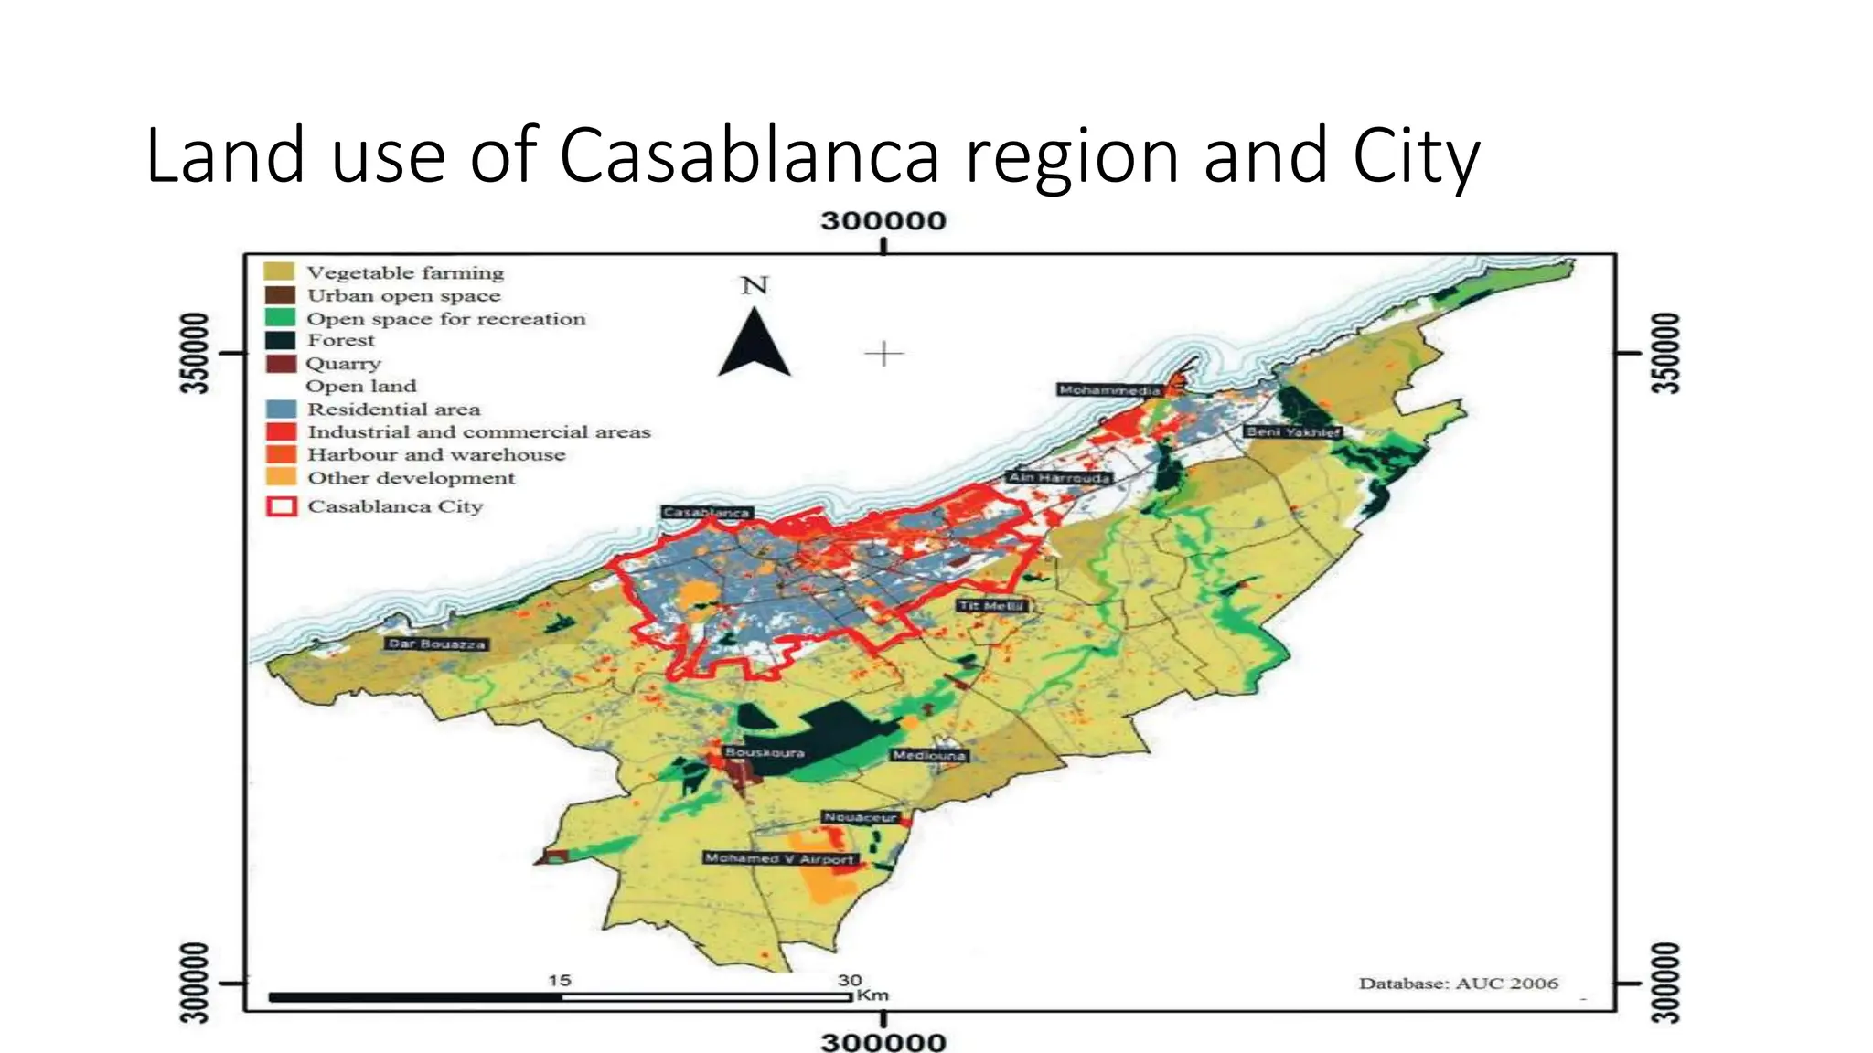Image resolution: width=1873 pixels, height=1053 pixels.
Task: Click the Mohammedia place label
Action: [1108, 390]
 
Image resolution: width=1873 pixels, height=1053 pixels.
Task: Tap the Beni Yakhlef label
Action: [1293, 431]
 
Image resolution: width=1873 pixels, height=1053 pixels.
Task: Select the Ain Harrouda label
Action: [1059, 477]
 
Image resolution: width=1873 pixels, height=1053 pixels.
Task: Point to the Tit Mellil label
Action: [992, 605]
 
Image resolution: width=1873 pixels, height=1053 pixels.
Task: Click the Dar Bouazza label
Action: [435, 643]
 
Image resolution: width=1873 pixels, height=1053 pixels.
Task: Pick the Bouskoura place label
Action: [765, 752]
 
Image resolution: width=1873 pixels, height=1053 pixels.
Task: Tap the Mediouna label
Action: [929, 755]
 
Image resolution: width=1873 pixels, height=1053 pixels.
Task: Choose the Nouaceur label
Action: [860, 817]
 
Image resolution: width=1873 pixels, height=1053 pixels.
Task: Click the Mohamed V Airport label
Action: [779, 858]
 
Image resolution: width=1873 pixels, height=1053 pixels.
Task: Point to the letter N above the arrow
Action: [755, 286]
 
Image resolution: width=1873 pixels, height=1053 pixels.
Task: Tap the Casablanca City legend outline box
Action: [281, 505]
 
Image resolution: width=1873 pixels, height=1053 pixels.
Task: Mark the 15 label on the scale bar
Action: [560, 980]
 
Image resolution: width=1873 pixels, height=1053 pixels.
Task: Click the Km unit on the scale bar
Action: [873, 994]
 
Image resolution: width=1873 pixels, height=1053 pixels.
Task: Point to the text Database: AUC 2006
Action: [1458, 984]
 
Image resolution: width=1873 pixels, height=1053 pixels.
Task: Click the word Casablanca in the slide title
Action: [749, 155]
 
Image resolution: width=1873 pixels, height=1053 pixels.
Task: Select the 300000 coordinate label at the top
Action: [883, 221]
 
